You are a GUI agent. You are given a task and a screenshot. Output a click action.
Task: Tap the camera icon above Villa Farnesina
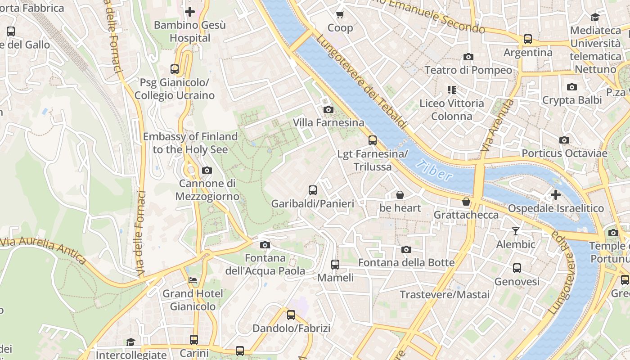328,109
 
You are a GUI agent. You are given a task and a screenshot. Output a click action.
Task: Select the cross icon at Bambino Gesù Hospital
190,12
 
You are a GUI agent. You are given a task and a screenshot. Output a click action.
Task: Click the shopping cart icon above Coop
340,14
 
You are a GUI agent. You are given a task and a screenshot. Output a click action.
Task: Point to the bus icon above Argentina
527,39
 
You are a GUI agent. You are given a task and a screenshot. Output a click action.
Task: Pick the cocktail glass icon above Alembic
516,231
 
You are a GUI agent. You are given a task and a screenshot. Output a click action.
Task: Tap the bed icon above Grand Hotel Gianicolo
193,280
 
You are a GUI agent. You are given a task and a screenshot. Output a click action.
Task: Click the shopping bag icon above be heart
400,195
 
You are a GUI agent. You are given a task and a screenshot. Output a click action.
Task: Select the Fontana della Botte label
406,262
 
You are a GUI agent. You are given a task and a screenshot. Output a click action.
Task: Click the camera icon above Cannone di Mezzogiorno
207,170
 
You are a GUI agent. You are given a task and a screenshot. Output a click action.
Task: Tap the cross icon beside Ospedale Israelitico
556,195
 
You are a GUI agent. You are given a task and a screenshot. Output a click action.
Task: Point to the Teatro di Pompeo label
468,70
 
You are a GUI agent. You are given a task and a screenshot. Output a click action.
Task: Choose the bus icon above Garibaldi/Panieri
313,190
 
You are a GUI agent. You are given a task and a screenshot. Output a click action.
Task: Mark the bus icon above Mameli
335,265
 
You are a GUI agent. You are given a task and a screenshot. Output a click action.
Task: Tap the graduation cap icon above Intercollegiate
130,342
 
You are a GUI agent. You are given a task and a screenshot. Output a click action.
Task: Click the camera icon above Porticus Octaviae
564,140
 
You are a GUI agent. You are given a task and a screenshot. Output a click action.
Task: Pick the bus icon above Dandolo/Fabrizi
291,315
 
